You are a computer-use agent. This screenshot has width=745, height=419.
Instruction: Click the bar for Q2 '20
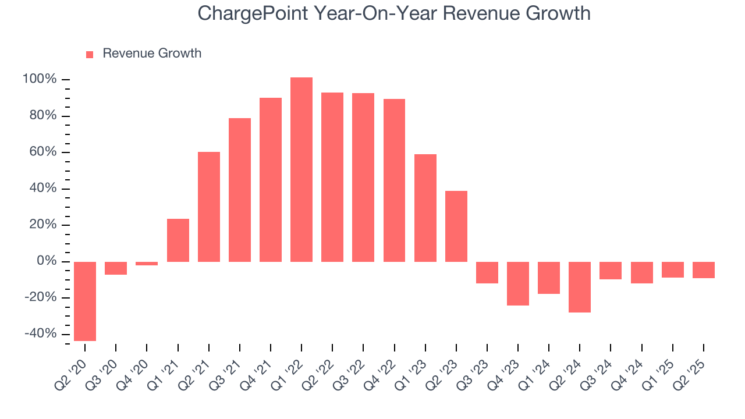tap(85, 301)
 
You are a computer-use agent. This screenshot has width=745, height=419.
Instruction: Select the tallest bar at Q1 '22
tap(301, 169)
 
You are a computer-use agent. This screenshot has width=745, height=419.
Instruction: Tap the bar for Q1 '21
tap(178, 240)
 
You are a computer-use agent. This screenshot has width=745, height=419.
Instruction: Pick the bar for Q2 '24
tap(580, 287)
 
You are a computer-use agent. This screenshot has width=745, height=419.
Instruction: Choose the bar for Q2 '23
tap(456, 226)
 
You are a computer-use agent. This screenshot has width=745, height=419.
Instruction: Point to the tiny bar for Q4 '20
tap(147, 264)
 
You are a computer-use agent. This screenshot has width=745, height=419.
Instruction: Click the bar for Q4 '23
tap(518, 283)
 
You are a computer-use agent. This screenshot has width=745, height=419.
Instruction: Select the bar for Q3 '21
tap(240, 190)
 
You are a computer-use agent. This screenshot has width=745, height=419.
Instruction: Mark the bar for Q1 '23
tap(425, 208)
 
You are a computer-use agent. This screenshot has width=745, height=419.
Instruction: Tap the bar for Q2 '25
tap(704, 270)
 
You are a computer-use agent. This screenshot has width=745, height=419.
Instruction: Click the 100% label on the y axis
tap(39, 80)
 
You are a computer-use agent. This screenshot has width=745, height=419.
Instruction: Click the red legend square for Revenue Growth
tap(90, 54)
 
